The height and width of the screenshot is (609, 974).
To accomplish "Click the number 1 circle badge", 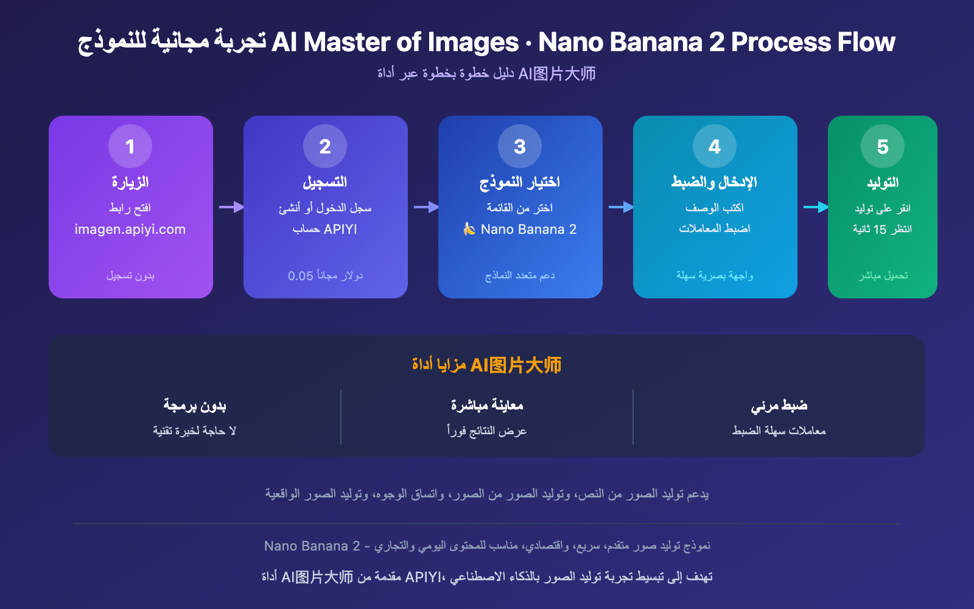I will pos(130,146).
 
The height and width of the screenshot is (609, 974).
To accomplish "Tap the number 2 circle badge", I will pos(325,146).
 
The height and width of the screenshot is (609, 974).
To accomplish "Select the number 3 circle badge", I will pos(520,146).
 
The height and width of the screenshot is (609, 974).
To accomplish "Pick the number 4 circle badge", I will pos(715,146).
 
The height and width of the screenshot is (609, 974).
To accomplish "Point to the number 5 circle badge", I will pos(883,146).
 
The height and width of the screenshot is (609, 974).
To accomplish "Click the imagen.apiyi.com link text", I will pos(130,230).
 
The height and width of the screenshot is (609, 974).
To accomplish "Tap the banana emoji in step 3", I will pos(469,229).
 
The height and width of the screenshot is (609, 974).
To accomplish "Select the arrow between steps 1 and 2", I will pos(231,207).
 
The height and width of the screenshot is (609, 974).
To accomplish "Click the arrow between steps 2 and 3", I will pos(426,207).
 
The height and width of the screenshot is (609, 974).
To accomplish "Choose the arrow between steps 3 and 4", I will pos(620,207).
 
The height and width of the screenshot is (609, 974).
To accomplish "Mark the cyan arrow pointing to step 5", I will pos(815,207).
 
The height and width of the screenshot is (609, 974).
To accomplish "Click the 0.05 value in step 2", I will pos(301,276).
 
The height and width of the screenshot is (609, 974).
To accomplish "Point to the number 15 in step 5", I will pos(880,230).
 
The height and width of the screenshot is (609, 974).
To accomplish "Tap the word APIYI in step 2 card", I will pos(341,230).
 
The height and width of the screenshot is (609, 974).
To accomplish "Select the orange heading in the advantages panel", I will pos(486,365).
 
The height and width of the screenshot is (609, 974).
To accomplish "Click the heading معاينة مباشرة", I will pos(487,405).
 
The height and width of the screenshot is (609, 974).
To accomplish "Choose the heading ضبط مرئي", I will pos(779,405).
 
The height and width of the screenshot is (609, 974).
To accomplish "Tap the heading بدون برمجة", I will pos(195,405).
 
